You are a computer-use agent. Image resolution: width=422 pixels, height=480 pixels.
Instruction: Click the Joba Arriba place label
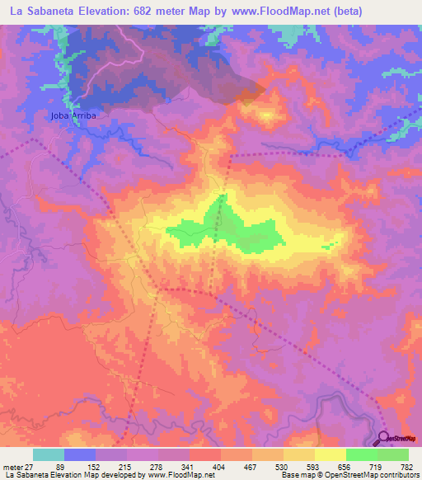[x=73, y=115]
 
